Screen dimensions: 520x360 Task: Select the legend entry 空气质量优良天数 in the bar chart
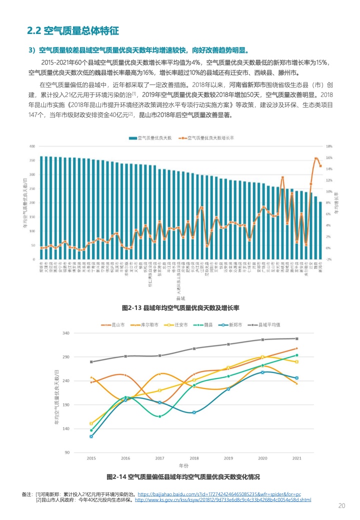tap(152, 137)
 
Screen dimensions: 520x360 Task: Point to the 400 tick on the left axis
tap(32, 146)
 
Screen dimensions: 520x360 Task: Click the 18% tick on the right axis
tap(329, 146)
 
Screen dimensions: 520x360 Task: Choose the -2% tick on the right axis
tap(329, 259)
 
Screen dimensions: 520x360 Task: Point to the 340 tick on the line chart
tap(66, 333)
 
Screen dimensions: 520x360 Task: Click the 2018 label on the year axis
tap(194, 458)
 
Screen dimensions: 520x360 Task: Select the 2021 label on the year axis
tap(296, 458)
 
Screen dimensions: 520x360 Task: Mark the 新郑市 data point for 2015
tap(91, 436)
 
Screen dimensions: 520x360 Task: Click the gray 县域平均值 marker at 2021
tap(296, 338)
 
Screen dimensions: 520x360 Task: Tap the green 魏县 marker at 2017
tap(160, 416)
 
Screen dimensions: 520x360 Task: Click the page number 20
tap(342, 505)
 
